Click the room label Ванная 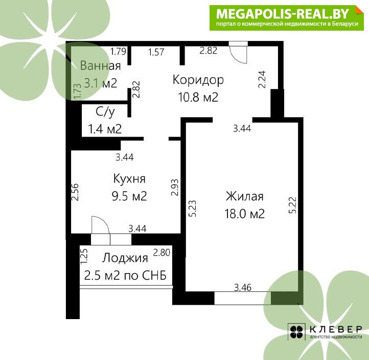(101, 65)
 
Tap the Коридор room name (198, 80)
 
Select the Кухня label (129, 178)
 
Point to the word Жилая (245, 196)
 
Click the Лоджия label (125, 258)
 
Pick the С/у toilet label (105, 112)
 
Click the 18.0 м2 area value (245, 214)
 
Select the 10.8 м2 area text (198, 97)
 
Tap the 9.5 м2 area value (129, 196)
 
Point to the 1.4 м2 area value (105, 129)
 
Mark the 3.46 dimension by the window (243, 287)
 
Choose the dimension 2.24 (262, 79)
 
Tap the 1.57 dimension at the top (156, 52)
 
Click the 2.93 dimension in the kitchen (175, 188)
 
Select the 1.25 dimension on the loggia (84, 256)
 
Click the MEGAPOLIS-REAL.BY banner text (283, 14)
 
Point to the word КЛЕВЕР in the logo (336, 329)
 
